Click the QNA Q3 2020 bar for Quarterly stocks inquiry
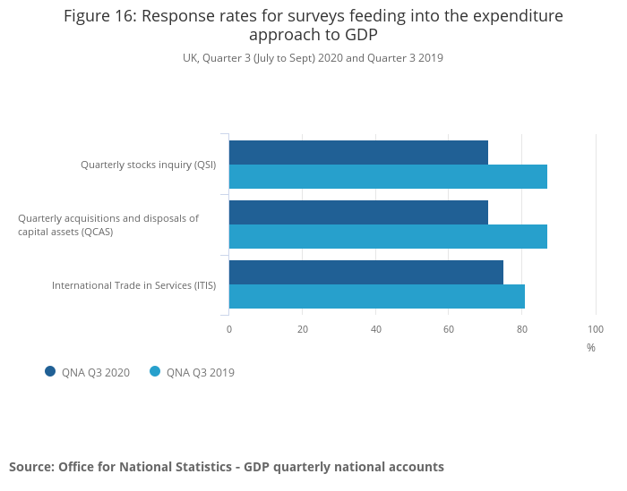(x=358, y=153)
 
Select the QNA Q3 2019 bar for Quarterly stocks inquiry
(x=388, y=177)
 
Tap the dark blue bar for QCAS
(x=358, y=213)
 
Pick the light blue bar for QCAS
(x=388, y=237)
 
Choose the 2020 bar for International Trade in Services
(x=365, y=273)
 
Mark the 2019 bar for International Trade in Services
(x=376, y=297)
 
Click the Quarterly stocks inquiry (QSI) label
(x=148, y=165)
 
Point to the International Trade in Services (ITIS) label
(x=133, y=285)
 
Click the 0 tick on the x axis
(x=229, y=329)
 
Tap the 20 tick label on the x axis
(x=303, y=329)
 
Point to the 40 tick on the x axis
(x=376, y=329)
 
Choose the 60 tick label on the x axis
(x=449, y=329)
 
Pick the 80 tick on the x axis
(x=522, y=329)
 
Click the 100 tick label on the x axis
(x=596, y=329)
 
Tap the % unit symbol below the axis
(x=591, y=348)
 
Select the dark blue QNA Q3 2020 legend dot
(x=50, y=372)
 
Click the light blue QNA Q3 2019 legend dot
(x=155, y=372)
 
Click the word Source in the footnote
(x=30, y=467)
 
